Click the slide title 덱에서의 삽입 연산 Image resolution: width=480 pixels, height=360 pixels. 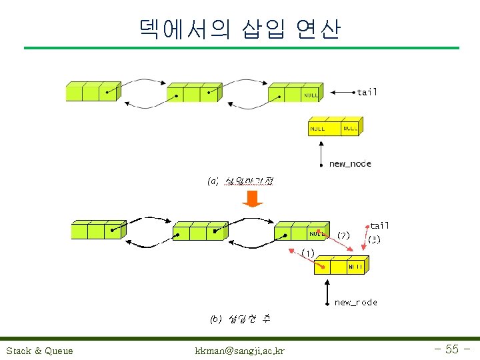pyautogui.click(x=240, y=29)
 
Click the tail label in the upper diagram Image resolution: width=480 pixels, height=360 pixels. pyautogui.click(x=367, y=92)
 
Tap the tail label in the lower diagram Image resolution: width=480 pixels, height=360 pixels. pyautogui.click(x=379, y=226)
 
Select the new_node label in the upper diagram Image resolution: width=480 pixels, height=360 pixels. pyautogui.click(x=350, y=163)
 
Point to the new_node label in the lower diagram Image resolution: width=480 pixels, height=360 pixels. pyautogui.click(x=355, y=302)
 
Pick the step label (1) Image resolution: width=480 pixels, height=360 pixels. pyautogui.click(x=307, y=253)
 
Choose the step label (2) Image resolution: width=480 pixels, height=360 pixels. pyautogui.click(x=343, y=235)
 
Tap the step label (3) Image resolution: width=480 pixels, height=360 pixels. pyautogui.click(x=374, y=239)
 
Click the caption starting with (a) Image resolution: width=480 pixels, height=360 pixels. pyautogui.click(x=240, y=181)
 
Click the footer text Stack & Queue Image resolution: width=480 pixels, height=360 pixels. pyautogui.click(x=39, y=351)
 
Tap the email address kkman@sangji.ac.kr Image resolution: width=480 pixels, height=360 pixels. pyautogui.click(x=239, y=351)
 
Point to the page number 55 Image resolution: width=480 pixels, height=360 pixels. pyautogui.click(x=451, y=349)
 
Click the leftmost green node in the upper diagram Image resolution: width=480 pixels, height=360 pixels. pyautogui.click(x=92, y=91)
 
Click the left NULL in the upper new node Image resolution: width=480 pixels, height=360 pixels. pyautogui.click(x=317, y=128)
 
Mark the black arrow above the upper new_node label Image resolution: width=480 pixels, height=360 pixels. pyautogui.click(x=321, y=150)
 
